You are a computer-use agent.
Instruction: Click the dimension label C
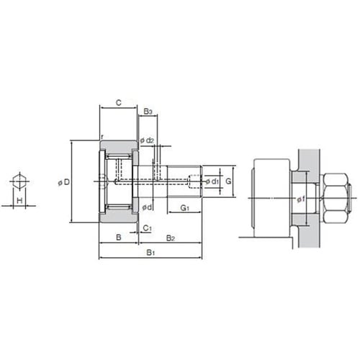pos(119,103)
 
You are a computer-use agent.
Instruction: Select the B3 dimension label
pos(148,112)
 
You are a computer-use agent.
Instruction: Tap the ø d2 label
pos(147,140)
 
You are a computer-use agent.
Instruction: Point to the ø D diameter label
pos(64,182)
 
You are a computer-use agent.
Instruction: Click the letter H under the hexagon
pos(19,200)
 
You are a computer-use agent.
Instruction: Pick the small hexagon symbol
pos(19,181)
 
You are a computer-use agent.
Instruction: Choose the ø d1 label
pos(212,181)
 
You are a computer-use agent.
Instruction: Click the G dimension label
pos(228,181)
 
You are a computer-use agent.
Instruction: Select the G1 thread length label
pos(184,208)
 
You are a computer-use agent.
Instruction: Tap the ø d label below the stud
pos(147,207)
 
